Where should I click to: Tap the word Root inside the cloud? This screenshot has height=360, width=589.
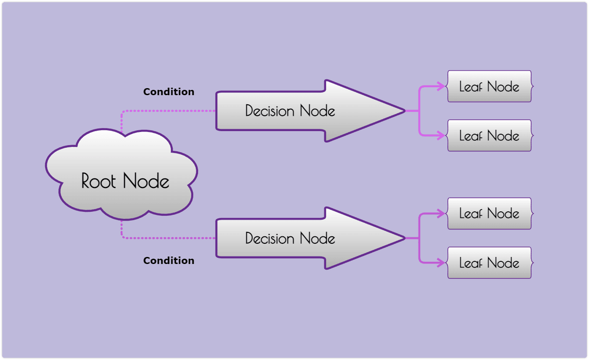(99, 181)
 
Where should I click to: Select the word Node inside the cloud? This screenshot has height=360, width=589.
(146, 181)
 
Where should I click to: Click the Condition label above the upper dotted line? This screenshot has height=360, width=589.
(169, 92)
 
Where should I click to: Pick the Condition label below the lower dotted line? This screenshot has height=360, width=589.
(169, 260)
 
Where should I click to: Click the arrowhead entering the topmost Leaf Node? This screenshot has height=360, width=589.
(442, 86)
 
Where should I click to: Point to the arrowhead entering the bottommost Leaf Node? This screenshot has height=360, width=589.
(442, 263)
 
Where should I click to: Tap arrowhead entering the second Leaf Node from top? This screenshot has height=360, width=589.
(442, 135)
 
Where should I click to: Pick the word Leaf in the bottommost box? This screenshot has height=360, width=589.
(471, 263)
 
